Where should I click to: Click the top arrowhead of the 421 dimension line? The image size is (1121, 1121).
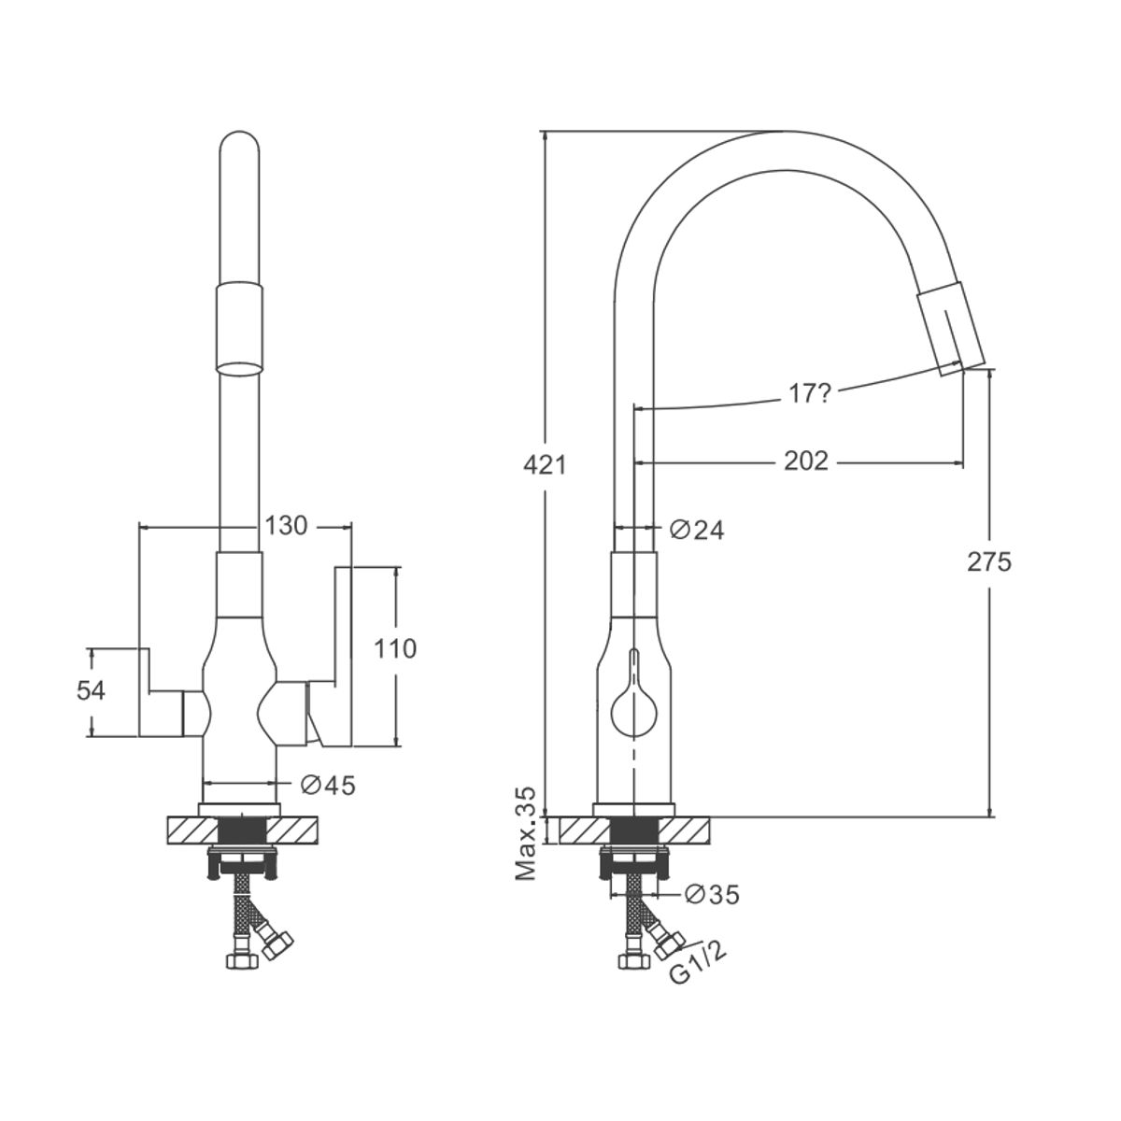[x=545, y=131]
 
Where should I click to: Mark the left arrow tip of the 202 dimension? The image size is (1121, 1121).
[x=633, y=463]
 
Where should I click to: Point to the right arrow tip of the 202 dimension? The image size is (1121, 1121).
[x=964, y=463]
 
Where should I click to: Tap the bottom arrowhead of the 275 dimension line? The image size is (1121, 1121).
[x=990, y=816]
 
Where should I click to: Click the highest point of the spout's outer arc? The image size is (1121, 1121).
[x=787, y=131]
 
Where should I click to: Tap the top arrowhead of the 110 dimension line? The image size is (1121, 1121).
[x=397, y=567]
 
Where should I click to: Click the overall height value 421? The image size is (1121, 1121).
[x=545, y=465]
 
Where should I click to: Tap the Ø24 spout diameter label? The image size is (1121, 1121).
[x=697, y=530]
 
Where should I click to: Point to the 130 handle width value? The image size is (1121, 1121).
[x=286, y=526]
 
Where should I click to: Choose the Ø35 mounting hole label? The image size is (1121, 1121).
[x=712, y=895]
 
